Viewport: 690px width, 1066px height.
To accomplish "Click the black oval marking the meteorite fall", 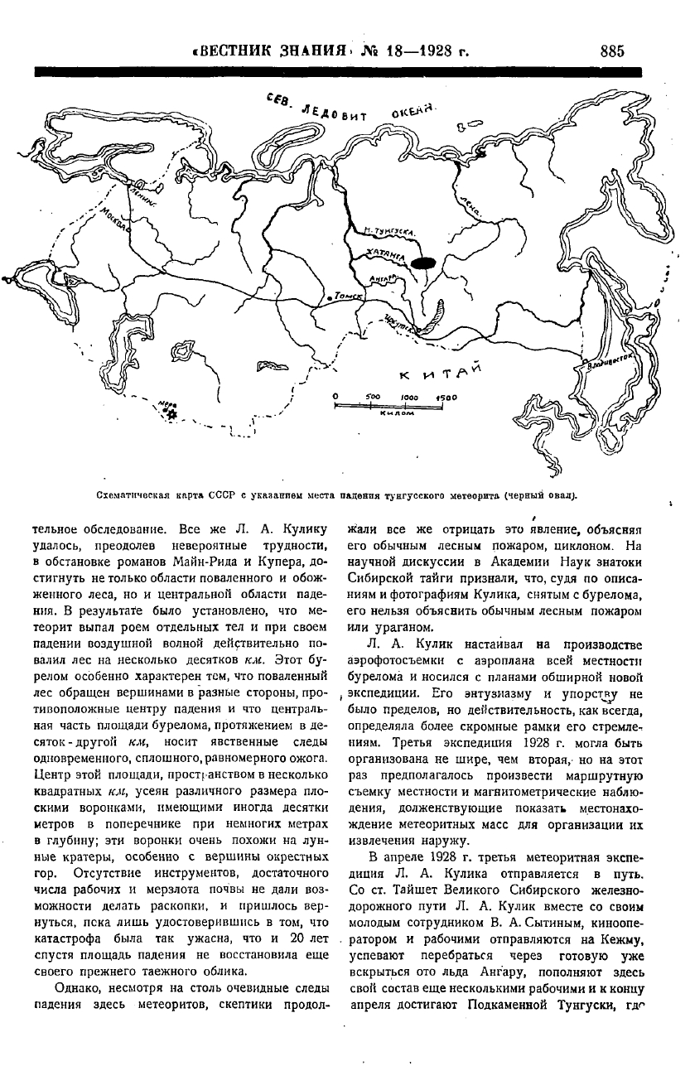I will coord(423,263).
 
